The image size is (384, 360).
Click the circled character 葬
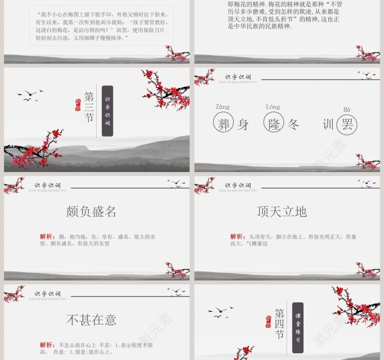coord(224,124)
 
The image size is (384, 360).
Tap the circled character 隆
coord(274,124)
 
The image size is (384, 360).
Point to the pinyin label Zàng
coord(223,107)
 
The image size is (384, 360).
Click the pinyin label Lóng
coord(273,107)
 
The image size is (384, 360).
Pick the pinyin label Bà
coord(347,110)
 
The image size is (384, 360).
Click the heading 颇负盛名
coord(91,212)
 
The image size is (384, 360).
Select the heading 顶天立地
coord(282,212)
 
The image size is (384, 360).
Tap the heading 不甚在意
coord(91,320)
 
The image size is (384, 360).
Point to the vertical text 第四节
coord(280,323)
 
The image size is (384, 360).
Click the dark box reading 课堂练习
coord(298,328)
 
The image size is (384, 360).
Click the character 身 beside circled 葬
coord(243,124)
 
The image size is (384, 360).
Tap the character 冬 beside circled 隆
coord(293,124)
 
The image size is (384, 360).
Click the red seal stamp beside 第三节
coord(78,106)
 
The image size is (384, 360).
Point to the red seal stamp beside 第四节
coord(268,322)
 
